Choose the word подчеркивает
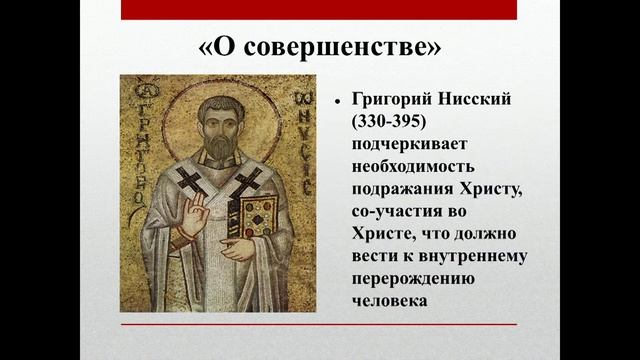407,145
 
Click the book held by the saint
258,214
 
